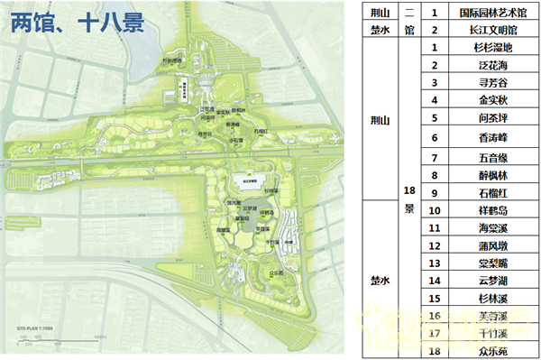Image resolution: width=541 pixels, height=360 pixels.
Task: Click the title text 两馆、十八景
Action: pyautogui.click(x=77, y=23)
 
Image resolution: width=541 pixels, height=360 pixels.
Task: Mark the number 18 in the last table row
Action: pyautogui.click(x=434, y=349)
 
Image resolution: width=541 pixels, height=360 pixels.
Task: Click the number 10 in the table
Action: pyautogui.click(x=434, y=211)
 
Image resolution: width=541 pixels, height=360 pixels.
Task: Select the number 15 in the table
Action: pyautogui.click(x=434, y=298)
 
